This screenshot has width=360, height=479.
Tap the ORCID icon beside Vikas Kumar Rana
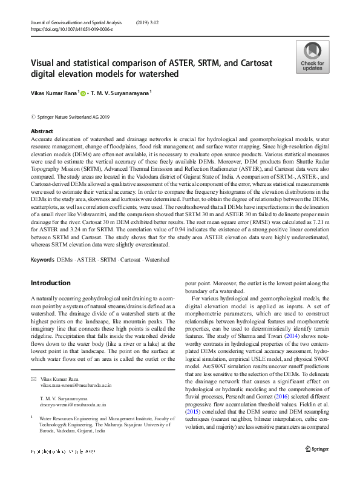click(x=83, y=93)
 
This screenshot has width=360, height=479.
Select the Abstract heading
click(x=42, y=131)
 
